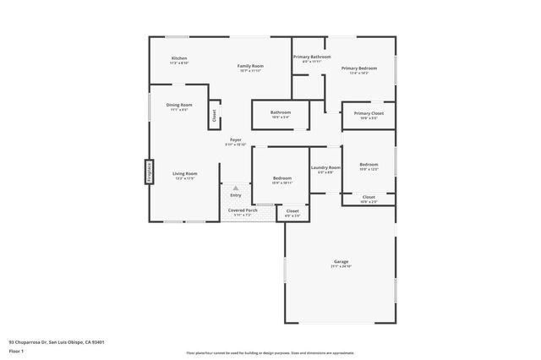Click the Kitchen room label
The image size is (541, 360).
pos(178,58)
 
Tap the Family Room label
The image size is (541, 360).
pos(251,66)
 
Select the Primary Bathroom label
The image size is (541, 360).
pos(312,57)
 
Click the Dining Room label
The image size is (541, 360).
pos(178,106)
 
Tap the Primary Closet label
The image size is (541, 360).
pos(369,113)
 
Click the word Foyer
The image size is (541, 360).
pos(236,139)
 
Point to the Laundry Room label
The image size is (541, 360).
pos(326,168)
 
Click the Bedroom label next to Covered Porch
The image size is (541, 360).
pos(281,178)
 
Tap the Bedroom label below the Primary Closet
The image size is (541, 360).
pos(369,165)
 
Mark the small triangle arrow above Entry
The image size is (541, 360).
pos(236,188)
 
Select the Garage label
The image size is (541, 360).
pos(341,262)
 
